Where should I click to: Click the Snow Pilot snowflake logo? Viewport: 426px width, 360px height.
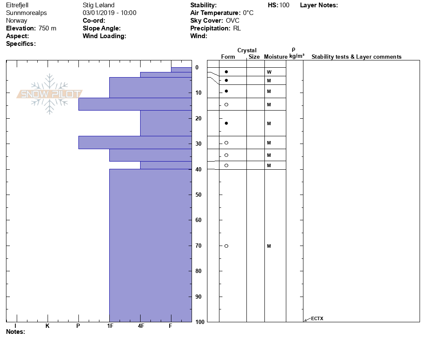[x=50, y=94]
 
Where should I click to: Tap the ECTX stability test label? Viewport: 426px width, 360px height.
[x=317, y=318]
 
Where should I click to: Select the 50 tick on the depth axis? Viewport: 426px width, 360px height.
[x=199, y=195]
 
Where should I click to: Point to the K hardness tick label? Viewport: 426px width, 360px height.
[x=48, y=326]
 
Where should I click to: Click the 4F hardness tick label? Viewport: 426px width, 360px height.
[x=141, y=326]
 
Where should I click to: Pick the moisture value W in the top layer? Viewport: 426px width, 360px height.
[x=269, y=72]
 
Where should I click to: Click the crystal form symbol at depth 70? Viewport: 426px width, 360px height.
[x=226, y=246]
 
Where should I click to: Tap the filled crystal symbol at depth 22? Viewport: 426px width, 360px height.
[x=226, y=123]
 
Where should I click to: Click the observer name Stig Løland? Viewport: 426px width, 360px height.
[x=99, y=5]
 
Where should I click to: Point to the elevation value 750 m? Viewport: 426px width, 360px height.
[x=47, y=28]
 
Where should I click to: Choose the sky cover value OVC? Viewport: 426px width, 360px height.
[x=233, y=21]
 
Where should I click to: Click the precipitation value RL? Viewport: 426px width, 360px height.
[x=237, y=28]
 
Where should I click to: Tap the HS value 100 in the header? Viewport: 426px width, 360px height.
[x=284, y=5]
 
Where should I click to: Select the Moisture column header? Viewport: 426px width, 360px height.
[x=276, y=57]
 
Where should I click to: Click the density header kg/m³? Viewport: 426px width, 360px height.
[x=297, y=56]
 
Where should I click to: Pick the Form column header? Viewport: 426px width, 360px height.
[x=228, y=57]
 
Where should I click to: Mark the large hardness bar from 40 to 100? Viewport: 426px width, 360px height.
[x=150, y=245]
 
